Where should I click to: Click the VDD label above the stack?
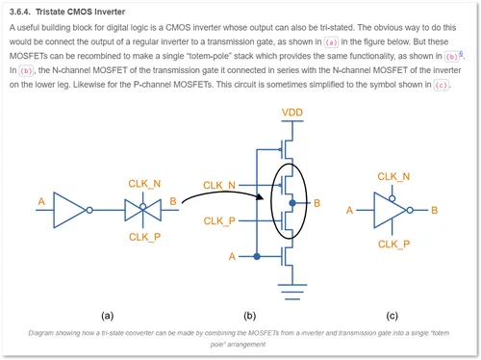pos(292,113)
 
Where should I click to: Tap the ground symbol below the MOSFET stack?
pos(292,292)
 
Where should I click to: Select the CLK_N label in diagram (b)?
pos(219,186)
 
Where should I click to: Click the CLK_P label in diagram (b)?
pos(219,221)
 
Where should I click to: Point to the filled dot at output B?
pos(292,203)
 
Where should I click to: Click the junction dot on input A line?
pos(257,256)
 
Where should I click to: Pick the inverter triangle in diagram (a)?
pos(70,210)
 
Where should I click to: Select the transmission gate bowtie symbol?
pos(143,210)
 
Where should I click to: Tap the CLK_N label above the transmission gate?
pos(144,184)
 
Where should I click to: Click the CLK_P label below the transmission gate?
pos(144,237)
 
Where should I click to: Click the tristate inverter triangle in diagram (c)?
pos(391,210)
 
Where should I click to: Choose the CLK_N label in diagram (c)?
pos(393,176)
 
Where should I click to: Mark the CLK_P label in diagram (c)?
pos(393,244)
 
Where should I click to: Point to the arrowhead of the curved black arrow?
pos(260,196)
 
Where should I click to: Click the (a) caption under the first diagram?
pos(108,316)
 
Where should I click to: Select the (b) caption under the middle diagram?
pos(250,316)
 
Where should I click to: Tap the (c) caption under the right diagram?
pos(392,316)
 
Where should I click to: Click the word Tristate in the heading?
pos(49,12)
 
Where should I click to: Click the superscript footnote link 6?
pos(461,54)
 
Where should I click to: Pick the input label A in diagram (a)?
pos(41,201)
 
